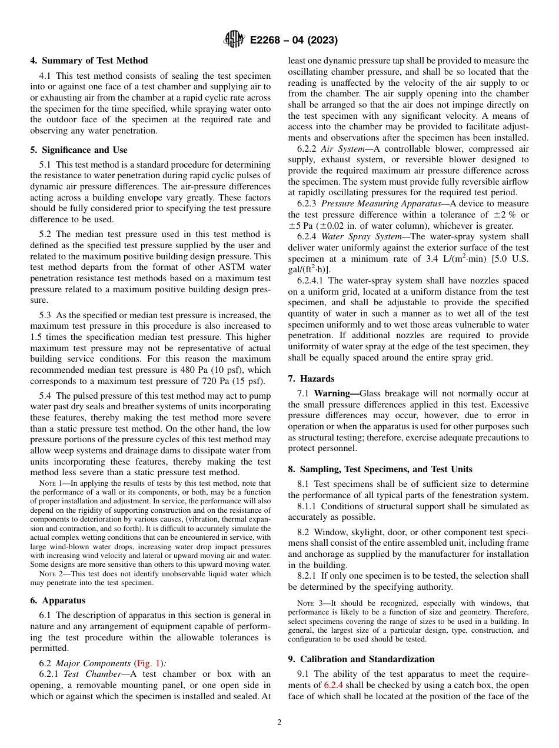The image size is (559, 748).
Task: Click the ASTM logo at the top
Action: point(235,40)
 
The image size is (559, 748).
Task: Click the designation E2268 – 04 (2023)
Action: point(293,41)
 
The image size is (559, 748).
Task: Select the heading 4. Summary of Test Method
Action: point(89,61)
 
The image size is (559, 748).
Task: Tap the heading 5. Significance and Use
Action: point(78,150)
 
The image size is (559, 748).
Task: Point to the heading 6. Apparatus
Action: point(57,600)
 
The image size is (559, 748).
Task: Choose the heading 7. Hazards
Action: point(311,379)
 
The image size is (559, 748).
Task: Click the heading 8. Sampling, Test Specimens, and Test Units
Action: point(380,469)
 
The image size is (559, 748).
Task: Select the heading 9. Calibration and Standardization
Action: point(361,659)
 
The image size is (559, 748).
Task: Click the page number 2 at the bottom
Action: point(279,723)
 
